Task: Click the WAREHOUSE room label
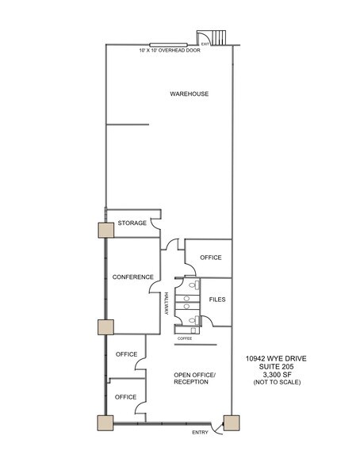[189, 94]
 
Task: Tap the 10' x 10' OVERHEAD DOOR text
[169, 51]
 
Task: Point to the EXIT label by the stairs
[205, 44]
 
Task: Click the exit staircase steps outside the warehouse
[216, 36]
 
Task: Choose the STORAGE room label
[132, 223]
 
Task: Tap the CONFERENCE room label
[132, 277]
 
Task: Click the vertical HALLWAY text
[166, 304]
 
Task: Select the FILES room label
[217, 300]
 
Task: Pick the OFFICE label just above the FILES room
[210, 258]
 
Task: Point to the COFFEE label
[184, 338]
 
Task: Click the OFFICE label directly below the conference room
[126, 353]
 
